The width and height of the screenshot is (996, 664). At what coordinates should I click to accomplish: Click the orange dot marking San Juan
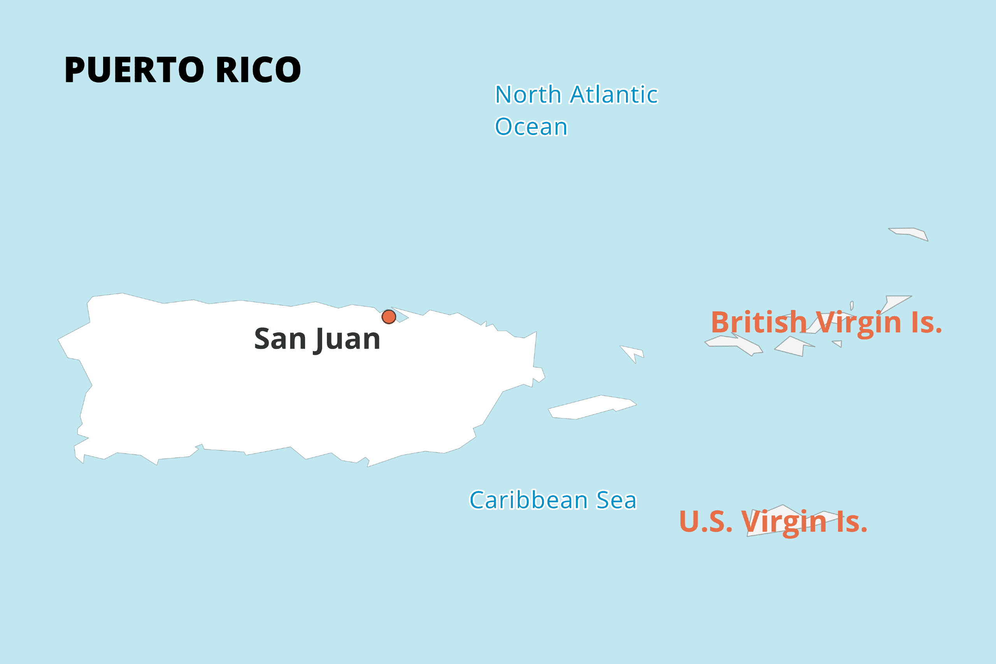(x=389, y=317)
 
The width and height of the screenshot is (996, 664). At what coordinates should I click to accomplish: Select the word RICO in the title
(x=258, y=70)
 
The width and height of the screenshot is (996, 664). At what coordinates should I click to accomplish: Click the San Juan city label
(x=317, y=339)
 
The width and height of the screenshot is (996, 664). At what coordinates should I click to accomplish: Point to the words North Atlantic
(x=576, y=94)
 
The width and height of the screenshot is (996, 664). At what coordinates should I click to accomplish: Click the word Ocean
(x=531, y=127)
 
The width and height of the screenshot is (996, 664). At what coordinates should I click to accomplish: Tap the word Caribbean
(x=528, y=500)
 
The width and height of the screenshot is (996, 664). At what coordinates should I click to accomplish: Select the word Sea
(x=616, y=500)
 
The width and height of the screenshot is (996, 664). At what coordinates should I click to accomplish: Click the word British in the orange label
(x=759, y=323)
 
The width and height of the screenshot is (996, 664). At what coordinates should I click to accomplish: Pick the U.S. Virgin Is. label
(x=773, y=522)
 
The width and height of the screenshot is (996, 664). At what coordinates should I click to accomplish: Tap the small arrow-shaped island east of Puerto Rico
(x=632, y=352)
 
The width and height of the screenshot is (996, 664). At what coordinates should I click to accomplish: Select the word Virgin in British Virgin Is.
(x=859, y=323)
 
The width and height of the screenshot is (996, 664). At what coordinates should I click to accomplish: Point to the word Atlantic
(x=614, y=94)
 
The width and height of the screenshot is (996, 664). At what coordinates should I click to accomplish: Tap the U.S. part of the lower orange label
(x=705, y=522)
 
